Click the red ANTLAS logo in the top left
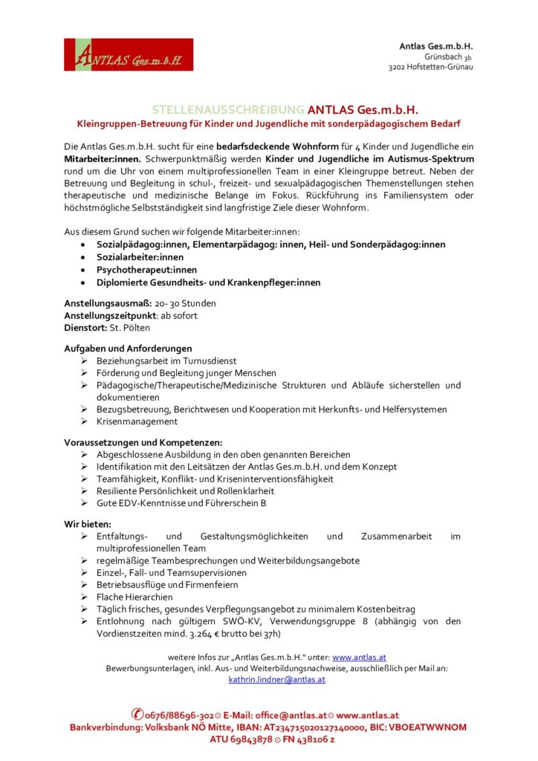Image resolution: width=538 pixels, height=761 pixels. pyautogui.click(x=128, y=54)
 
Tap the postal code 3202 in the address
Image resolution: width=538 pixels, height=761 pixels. pyautogui.click(x=401, y=67)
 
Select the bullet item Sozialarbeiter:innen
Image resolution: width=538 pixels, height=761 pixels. pyautogui.click(x=140, y=257)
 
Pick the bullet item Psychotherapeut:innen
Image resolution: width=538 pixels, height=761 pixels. pyautogui.click(x=147, y=270)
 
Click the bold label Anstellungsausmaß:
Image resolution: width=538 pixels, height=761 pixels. pyautogui.click(x=108, y=303)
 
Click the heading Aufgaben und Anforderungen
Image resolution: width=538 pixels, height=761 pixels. pyautogui.click(x=128, y=349)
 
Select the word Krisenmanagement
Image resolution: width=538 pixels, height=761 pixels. pyautogui.click(x=137, y=421)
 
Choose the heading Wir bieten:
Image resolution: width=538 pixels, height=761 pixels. pyautogui.click(x=88, y=524)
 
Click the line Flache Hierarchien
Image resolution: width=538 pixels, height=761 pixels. pyautogui.click(x=134, y=597)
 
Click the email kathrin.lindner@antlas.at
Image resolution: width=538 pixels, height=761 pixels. pyautogui.click(x=276, y=679)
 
